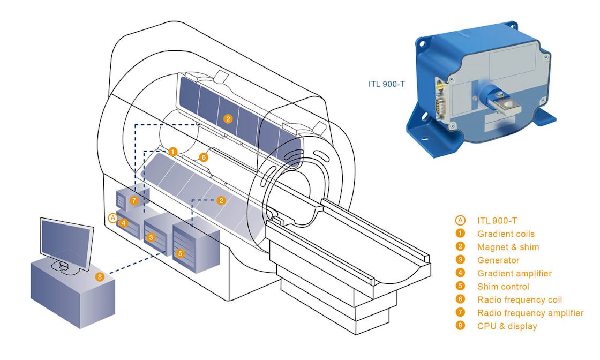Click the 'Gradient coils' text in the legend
[506, 234]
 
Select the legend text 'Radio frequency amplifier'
[530, 313]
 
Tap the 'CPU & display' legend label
[507, 326]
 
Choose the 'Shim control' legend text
[503, 287]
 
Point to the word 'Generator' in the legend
[498, 260]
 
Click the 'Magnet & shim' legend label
[508, 247]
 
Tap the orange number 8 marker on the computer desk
[100, 277]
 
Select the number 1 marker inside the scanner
[172, 152]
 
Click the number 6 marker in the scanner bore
[202, 157]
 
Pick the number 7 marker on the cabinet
[134, 200]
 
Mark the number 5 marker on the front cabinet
[180, 253]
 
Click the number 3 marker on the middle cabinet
[151, 236]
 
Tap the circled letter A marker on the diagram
[112, 218]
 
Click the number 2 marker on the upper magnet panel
[228, 119]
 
